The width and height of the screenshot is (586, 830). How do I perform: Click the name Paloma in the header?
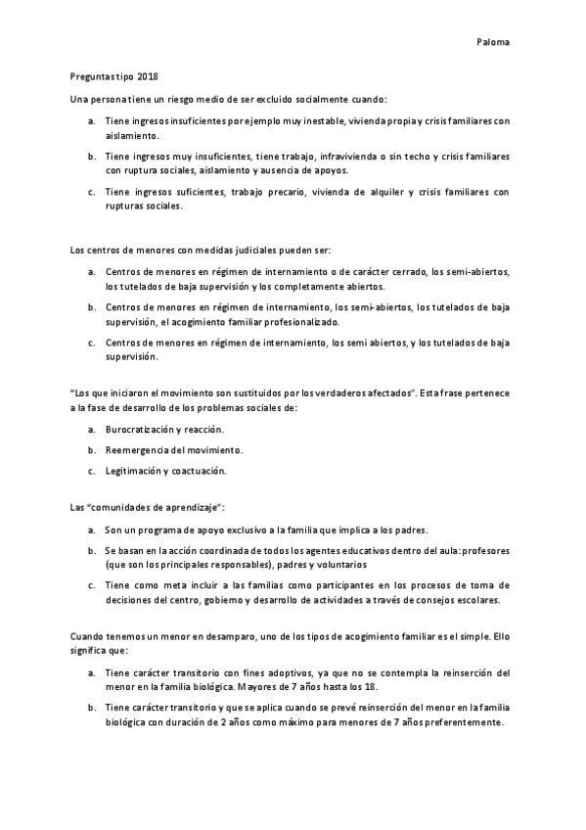coord(493,42)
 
